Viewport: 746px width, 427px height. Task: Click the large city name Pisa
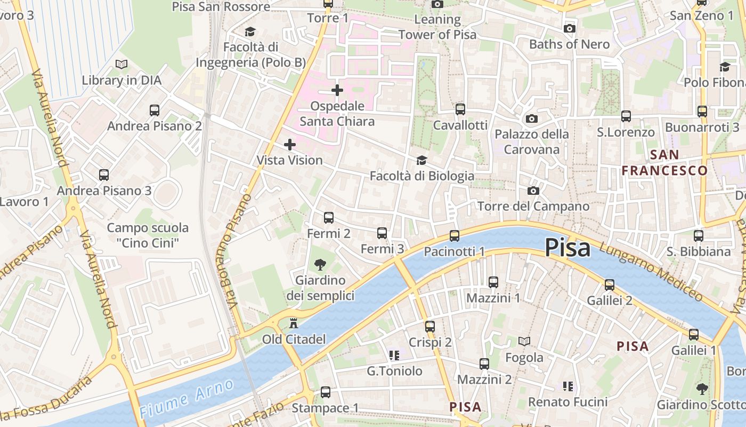tap(567, 248)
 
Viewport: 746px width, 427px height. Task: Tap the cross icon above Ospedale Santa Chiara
tap(337, 90)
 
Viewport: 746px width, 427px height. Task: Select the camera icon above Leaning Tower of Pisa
tap(437, 4)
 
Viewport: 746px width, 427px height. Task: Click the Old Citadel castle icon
tap(293, 323)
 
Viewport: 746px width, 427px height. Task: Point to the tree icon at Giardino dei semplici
tap(320, 264)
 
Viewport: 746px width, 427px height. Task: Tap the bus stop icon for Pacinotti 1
tap(455, 235)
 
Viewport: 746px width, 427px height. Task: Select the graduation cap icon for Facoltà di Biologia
tap(421, 160)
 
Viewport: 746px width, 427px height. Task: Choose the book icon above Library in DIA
tap(121, 65)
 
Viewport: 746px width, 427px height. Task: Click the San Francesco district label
tap(664, 163)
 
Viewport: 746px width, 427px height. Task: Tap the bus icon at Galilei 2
tap(610, 285)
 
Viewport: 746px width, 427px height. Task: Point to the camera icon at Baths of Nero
tap(570, 28)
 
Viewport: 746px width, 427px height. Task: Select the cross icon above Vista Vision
tap(290, 145)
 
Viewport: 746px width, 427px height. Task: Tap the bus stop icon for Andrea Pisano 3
tap(104, 175)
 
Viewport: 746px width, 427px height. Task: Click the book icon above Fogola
tap(524, 341)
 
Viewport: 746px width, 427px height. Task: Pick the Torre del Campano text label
tap(533, 207)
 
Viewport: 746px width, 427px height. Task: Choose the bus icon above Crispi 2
tap(430, 326)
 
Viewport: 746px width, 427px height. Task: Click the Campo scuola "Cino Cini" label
tap(148, 235)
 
